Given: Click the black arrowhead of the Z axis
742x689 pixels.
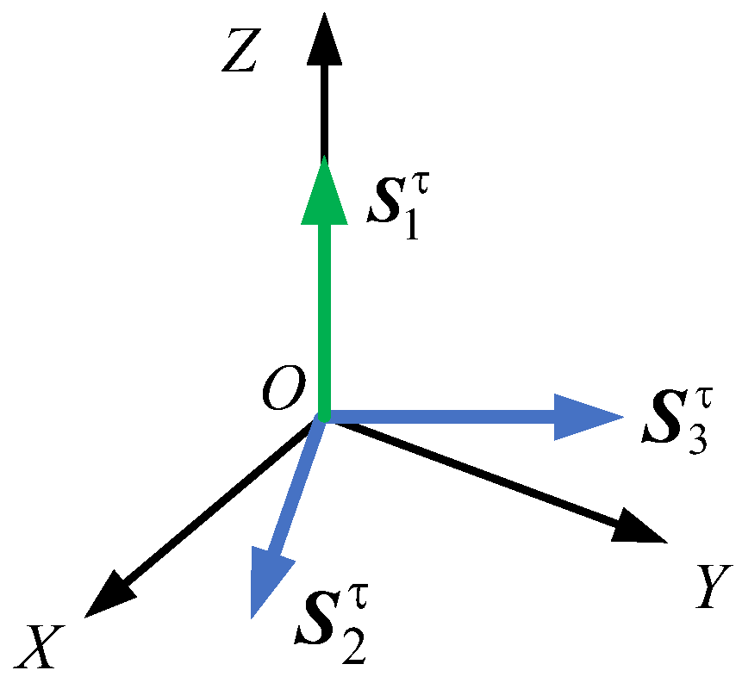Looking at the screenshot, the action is pyautogui.click(x=325, y=39).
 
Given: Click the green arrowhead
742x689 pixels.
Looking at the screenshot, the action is pyautogui.click(x=325, y=194).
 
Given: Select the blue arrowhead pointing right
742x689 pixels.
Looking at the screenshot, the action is pyautogui.click(x=586, y=417).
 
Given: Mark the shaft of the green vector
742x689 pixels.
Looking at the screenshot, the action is pyautogui.click(x=325, y=319).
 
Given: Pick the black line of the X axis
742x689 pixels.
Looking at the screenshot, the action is pyautogui.click(x=215, y=508).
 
